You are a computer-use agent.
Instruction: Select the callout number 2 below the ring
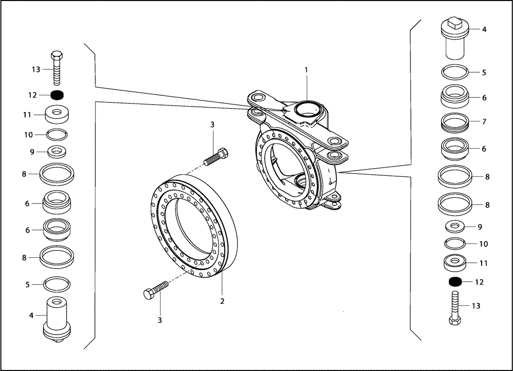pyautogui.click(x=222, y=301)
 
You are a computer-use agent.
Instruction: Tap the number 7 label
pyautogui.click(x=484, y=122)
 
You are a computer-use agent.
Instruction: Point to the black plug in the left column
pyautogui.click(x=57, y=95)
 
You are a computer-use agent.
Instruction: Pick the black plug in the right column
pyautogui.click(x=455, y=281)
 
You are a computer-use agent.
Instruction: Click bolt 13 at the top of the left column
pyautogui.click(x=57, y=68)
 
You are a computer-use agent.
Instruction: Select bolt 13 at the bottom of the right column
pyautogui.click(x=455, y=307)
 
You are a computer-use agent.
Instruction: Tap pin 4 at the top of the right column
pyautogui.click(x=455, y=38)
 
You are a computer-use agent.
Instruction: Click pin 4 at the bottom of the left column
pyautogui.click(x=57, y=318)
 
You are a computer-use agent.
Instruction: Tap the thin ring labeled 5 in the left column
pyautogui.click(x=57, y=283)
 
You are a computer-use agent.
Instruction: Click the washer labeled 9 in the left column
pyautogui.click(x=57, y=152)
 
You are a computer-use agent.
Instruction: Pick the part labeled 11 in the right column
pyautogui.click(x=455, y=263)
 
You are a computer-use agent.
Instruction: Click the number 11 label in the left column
pyautogui.click(x=28, y=115)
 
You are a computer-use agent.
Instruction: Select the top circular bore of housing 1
pyautogui.click(x=306, y=108)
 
